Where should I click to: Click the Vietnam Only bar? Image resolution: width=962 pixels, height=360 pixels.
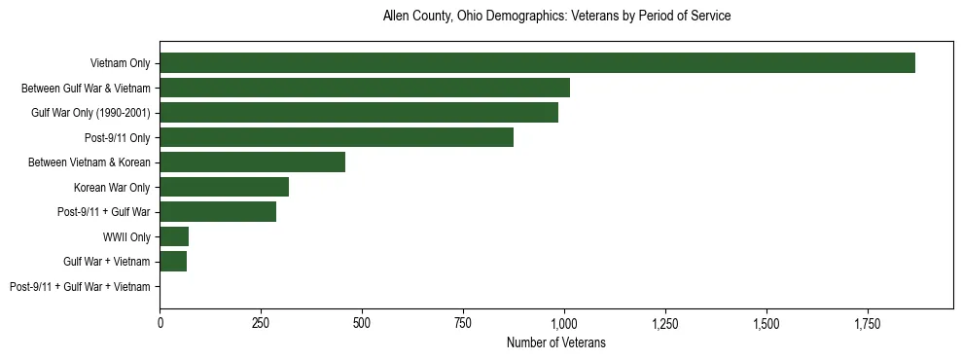[x=537, y=63]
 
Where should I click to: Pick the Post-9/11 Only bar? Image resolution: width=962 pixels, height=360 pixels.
[x=337, y=137]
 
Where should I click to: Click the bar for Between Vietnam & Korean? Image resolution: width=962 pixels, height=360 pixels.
[x=252, y=162]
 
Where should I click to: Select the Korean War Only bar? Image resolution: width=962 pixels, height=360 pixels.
[x=224, y=187]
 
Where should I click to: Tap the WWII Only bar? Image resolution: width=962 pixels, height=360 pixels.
[x=174, y=236]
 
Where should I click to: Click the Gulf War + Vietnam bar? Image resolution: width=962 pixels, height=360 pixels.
[x=173, y=262]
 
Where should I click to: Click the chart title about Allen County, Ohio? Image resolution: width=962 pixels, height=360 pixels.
[x=556, y=17]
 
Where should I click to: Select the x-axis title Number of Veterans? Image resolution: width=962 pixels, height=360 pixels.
[x=556, y=342]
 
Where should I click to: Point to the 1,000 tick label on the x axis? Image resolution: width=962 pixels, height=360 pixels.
[x=564, y=322]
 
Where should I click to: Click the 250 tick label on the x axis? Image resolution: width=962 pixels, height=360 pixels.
[x=261, y=322]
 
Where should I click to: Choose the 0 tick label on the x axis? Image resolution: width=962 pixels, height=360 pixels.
[x=160, y=322]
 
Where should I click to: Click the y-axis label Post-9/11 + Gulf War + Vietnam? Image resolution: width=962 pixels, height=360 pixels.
[x=80, y=287]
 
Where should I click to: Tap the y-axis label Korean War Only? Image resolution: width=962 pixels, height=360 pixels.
[x=112, y=188]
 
